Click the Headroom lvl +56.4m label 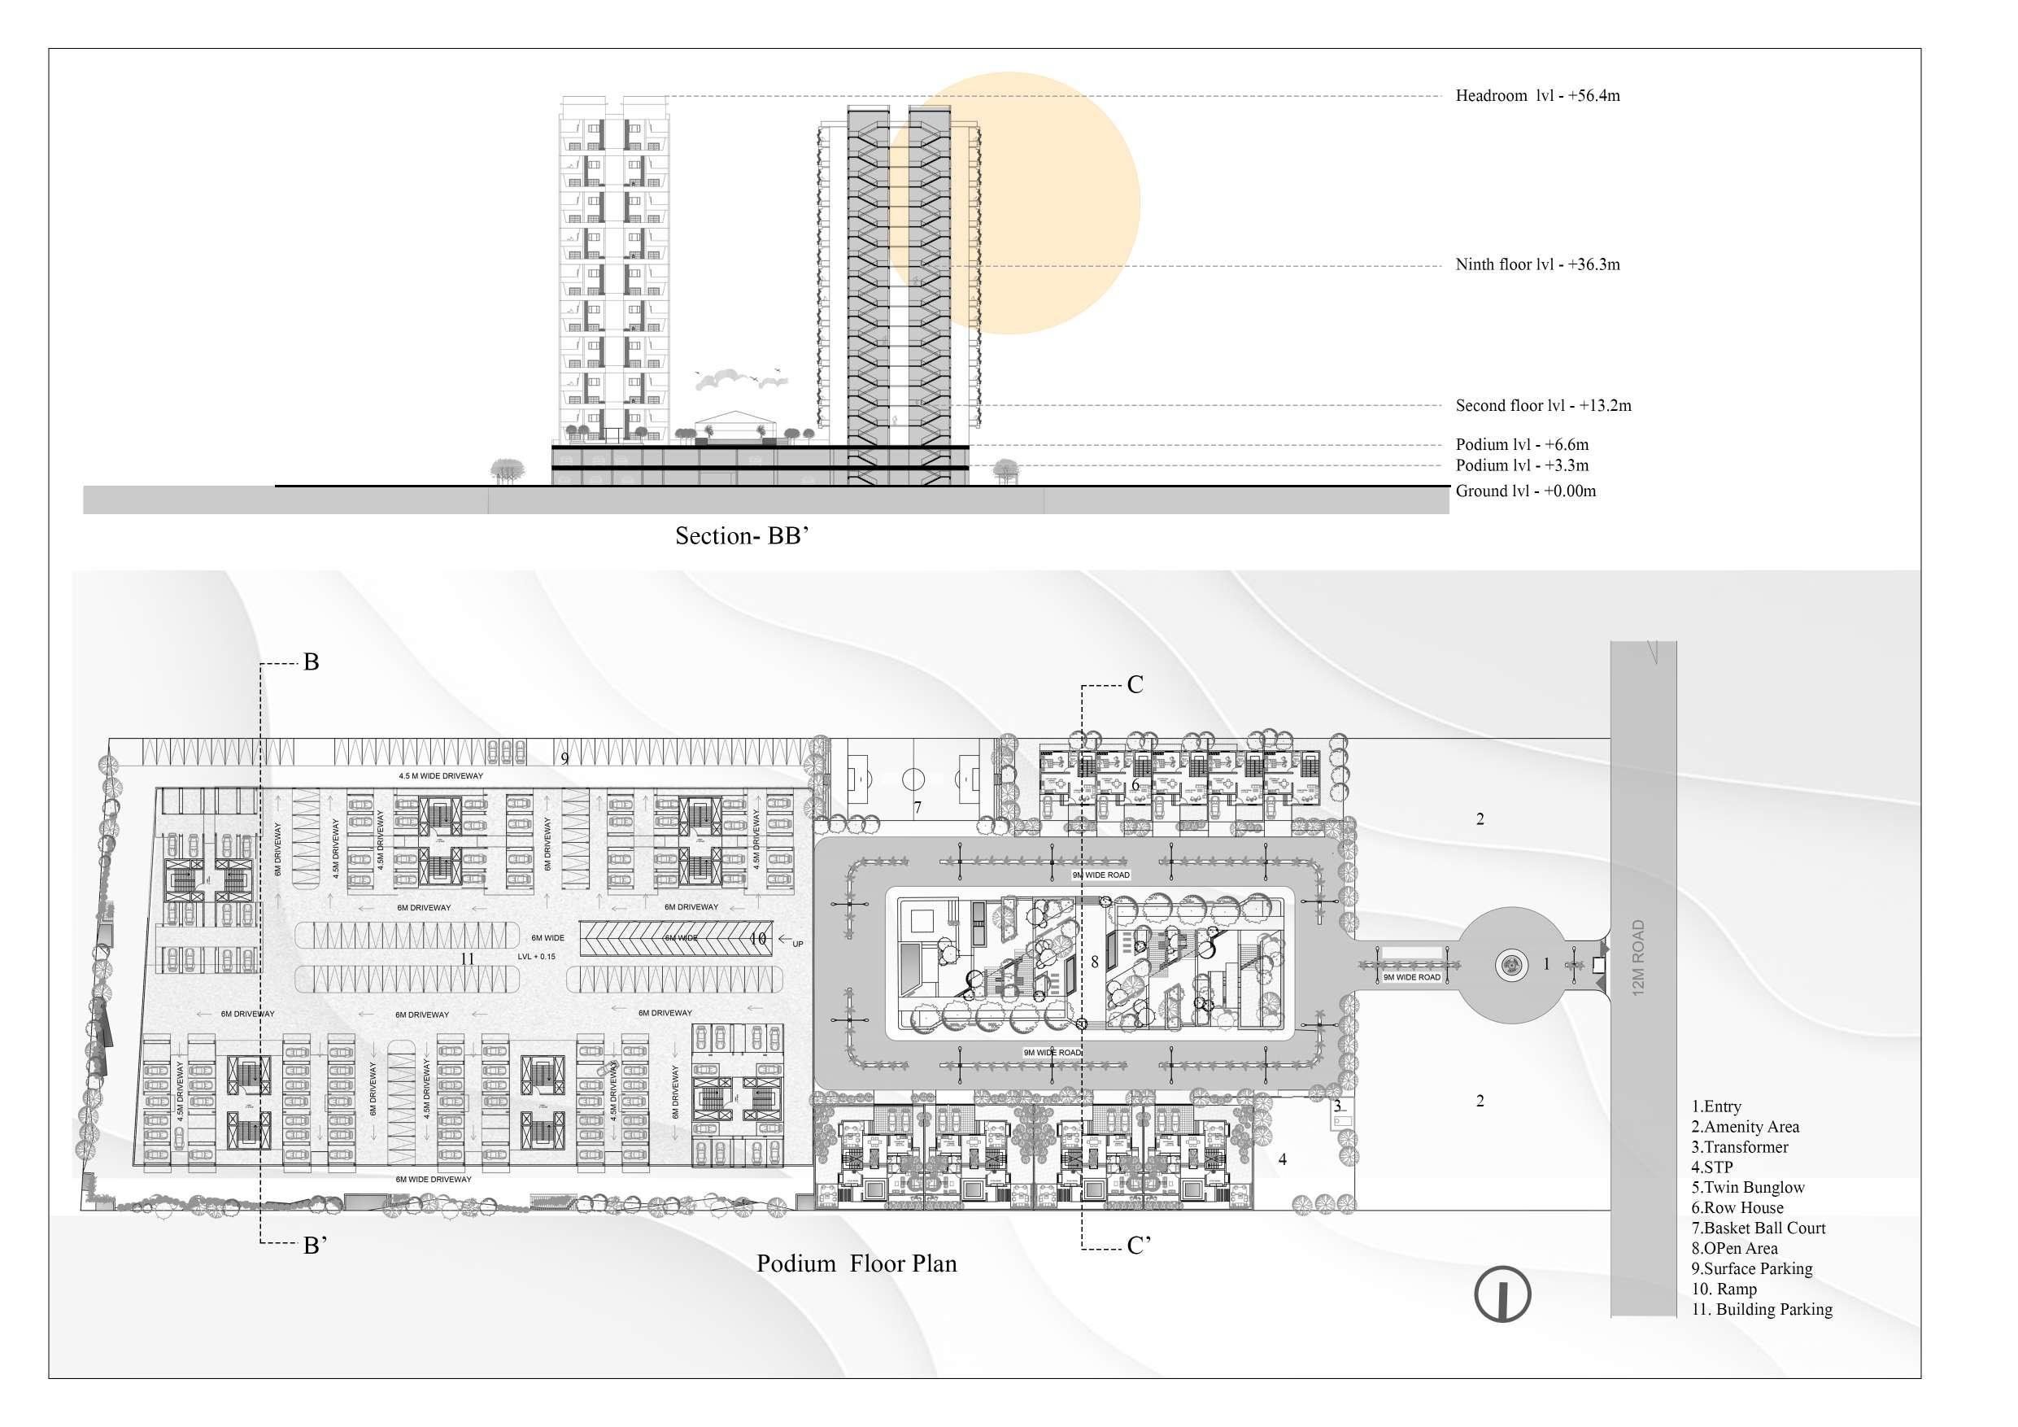1537,96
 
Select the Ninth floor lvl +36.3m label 1537,264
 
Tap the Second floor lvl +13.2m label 1542,405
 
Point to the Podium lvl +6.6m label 1521,445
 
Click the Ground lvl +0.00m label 1525,491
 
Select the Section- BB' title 741,536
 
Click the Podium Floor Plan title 856,1264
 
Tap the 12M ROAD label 1637,958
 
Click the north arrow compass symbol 1502,1294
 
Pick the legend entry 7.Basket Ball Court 1758,1228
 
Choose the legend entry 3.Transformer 1739,1147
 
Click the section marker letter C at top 1135,685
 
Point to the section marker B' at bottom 315,1245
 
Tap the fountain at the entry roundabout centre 1512,966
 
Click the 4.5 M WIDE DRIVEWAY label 440,776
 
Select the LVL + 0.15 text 536,957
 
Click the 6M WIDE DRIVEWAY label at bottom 434,1180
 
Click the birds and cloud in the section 740,378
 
